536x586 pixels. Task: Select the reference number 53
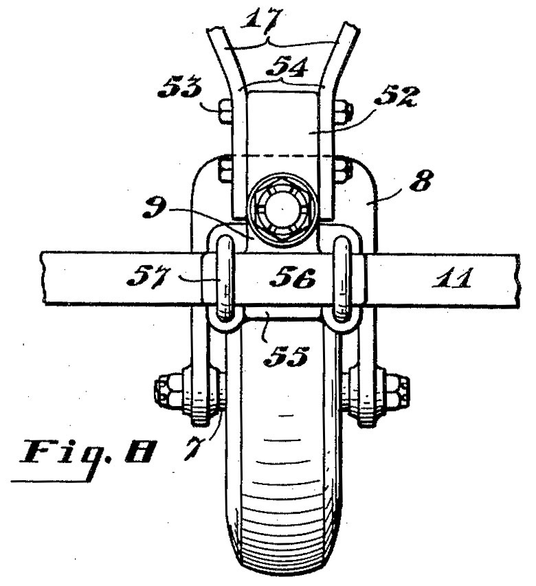[x=180, y=87]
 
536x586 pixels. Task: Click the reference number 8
[x=422, y=181]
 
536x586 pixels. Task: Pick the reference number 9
[x=155, y=208]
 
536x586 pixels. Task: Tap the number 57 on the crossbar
[x=148, y=277]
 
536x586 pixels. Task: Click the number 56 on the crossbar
[x=293, y=278]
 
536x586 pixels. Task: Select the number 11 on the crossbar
[x=452, y=278]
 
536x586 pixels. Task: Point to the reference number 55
[x=286, y=357]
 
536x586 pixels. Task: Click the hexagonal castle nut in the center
[x=282, y=212]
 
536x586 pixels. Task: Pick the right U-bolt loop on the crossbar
[x=342, y=278]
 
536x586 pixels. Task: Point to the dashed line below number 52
[x=283, y=155]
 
